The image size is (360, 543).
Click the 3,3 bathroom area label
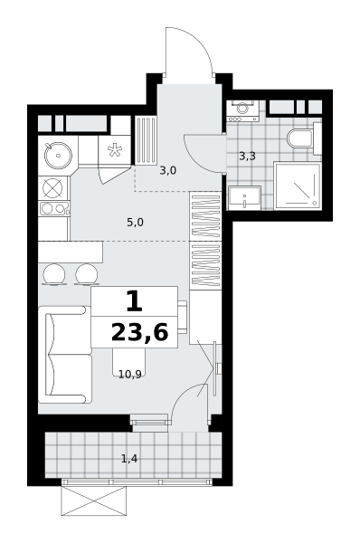(247, 157)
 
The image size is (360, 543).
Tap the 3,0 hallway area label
(168, 170)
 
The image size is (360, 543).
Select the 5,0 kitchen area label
(135, 223)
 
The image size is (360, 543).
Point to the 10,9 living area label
(130, 375)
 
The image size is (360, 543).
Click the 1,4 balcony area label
(129, 459)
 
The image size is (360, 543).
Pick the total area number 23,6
(140, 332)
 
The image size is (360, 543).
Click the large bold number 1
(134, 300)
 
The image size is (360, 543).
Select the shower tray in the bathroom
(298, 186)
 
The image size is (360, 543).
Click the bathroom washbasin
(244, 197)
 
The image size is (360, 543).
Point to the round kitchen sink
(58, 156)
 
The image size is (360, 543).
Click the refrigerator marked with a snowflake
(115, 150)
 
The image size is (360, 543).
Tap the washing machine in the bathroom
(243, 110)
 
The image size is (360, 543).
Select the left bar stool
(54, 274)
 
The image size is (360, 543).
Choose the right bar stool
(86, 274)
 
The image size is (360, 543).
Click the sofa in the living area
(65, 355)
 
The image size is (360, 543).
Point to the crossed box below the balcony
(93, 500)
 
